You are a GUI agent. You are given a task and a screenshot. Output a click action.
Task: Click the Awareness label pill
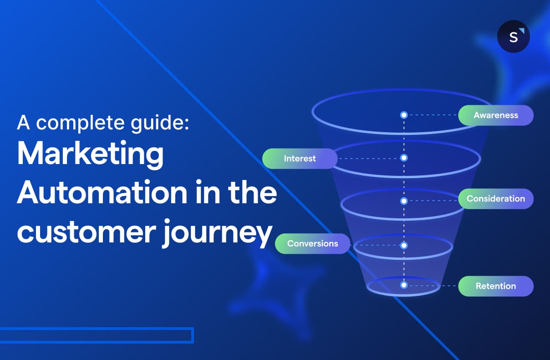pyautogui.click(x=495, y=115)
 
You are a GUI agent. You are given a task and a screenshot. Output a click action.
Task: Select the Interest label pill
pyautogui.click(x=300, y=159)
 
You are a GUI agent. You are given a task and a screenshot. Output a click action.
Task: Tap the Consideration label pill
pyautogui.click(x=495, y=199)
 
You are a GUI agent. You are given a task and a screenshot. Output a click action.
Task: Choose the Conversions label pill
pyautogui.click(x=312, y=243)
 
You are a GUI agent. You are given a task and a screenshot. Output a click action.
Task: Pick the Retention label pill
pyautogui.click(x=495, y=286)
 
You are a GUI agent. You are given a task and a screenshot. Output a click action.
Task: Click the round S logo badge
pyautogui.click(x=514, y=36)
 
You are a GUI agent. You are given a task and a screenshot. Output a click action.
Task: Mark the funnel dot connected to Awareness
pyautogui.click(x=403, y=115)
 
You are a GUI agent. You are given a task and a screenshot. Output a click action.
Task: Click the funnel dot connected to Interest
pyautogui.click(x=403, y=158)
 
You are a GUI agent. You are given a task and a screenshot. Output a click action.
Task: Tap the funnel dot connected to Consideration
pyautogui.click(x=403, y=201)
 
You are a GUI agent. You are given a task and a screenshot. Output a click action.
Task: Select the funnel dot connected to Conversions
pyautogui.click(x=403, y=245)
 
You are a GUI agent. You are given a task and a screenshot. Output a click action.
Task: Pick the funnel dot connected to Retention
pyautogui.click(x=403, y=285)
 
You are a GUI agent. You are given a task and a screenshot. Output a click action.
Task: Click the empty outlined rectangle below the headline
pyautogui.click(x=97, y=335)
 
